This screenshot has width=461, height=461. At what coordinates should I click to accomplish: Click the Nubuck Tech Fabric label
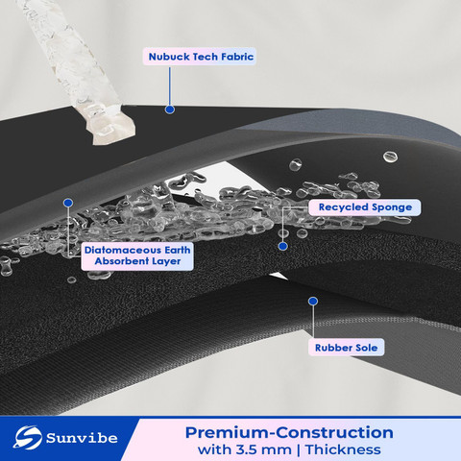(x=200, y=57)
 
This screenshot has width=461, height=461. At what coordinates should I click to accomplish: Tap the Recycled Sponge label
(x=365, y=207)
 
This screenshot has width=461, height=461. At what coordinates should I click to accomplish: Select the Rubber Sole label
(x=346, y=348)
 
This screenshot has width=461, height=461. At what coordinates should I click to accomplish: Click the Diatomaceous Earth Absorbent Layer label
(x=137, y=255)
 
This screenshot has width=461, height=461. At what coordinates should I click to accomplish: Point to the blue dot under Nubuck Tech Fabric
(x=170, y=109)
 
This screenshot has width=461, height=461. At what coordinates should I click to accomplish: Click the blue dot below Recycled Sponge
(x=282, y=246)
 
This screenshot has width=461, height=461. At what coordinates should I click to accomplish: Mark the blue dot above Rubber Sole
(x=313, y=301)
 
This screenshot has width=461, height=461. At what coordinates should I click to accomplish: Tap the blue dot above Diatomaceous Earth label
(x=68, y=203)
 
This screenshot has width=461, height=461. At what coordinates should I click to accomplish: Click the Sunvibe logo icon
(x=27, y=437)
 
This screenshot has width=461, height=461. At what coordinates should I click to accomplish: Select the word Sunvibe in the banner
(x=82, y=438)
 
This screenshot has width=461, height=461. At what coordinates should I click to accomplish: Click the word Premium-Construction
(x=289, y=432)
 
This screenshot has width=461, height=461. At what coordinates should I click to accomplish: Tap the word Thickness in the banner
(x=343, y=449)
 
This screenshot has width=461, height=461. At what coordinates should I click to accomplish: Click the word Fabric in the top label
(x=237, y=57)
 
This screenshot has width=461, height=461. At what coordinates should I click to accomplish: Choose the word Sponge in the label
(x=392, y=207)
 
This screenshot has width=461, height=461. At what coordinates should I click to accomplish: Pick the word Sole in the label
(x=364, y=348)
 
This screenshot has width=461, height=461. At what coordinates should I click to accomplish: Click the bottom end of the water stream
(x=112, y=137)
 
